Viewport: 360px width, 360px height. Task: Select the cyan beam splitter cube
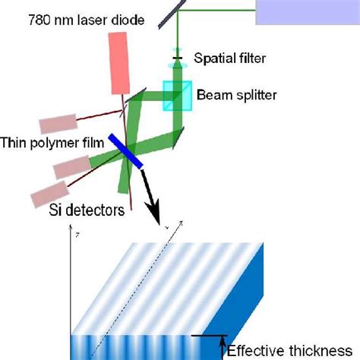click(x=178, y=96)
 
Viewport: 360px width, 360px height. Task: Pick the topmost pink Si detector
click(x=58, y=124)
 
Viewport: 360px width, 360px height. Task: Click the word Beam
click(x=210, y=95)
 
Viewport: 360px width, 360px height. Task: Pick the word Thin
click(x=14, y=142)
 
